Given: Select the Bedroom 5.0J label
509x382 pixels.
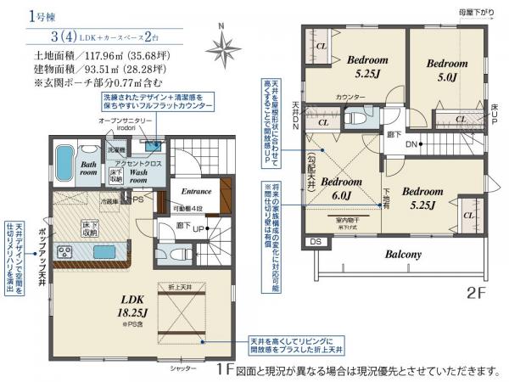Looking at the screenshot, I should (446, 70).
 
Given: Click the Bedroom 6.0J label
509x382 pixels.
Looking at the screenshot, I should (342, 188).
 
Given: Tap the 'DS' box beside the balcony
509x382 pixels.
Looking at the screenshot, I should (316, 242).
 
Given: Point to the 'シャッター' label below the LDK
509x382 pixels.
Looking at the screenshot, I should (182, 368).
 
